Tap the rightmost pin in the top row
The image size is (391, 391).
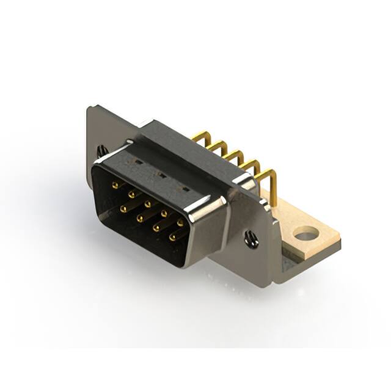180,222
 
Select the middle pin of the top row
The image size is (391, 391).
147,202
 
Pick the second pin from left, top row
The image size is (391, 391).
131,192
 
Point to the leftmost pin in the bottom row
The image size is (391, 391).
124,208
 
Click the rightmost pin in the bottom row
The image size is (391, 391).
174,236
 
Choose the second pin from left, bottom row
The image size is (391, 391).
140,217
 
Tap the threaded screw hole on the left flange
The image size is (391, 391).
102,150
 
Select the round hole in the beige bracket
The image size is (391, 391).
305,233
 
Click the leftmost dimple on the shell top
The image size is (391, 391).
139,163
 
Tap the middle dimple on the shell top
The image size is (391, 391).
161,175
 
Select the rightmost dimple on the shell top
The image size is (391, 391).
185,188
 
